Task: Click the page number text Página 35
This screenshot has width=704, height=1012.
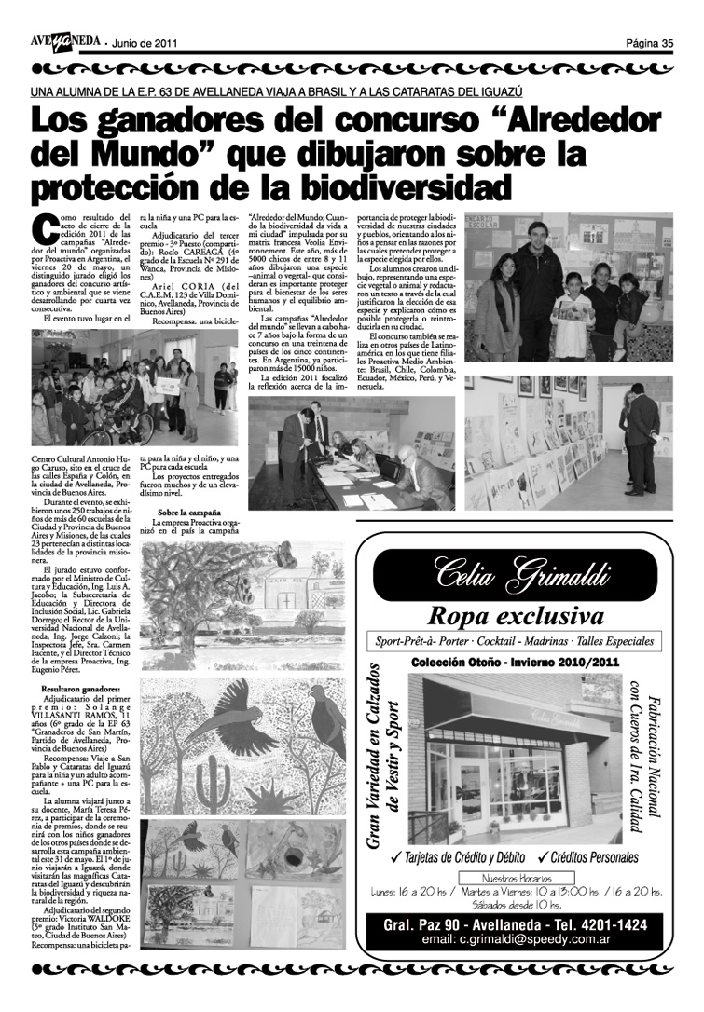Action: [x=649, y=42]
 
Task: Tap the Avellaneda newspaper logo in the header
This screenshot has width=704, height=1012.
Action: [x=64, y=42]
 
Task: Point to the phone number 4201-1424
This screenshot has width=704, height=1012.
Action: [x=616, y=924]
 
